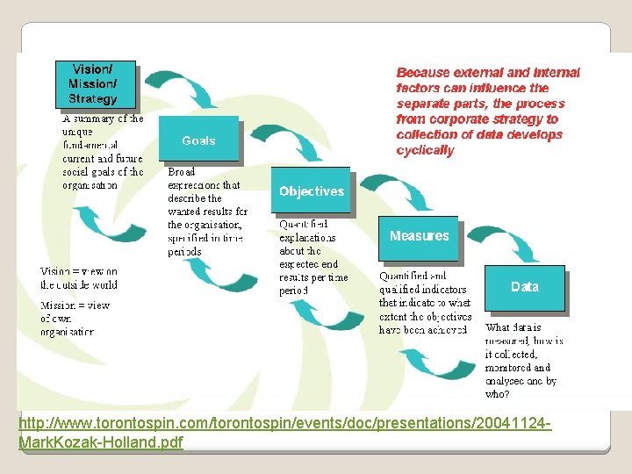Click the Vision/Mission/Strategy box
click(x=97, y=84)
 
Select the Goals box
click(x=198, y=140)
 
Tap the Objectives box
click(x=311, y=190)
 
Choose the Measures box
click(x=419, y=237)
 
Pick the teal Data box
click(x=524, y=287)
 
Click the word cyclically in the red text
click(x=426, y=151)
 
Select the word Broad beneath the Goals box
click(x=183, y=173)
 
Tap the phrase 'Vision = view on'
click(x=79, y=271)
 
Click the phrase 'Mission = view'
click(x=75, y=305)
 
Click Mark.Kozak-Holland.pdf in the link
click(x=100, y=442)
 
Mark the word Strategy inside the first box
click(x=92, y=99)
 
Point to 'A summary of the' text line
click(x=103, y=118)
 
